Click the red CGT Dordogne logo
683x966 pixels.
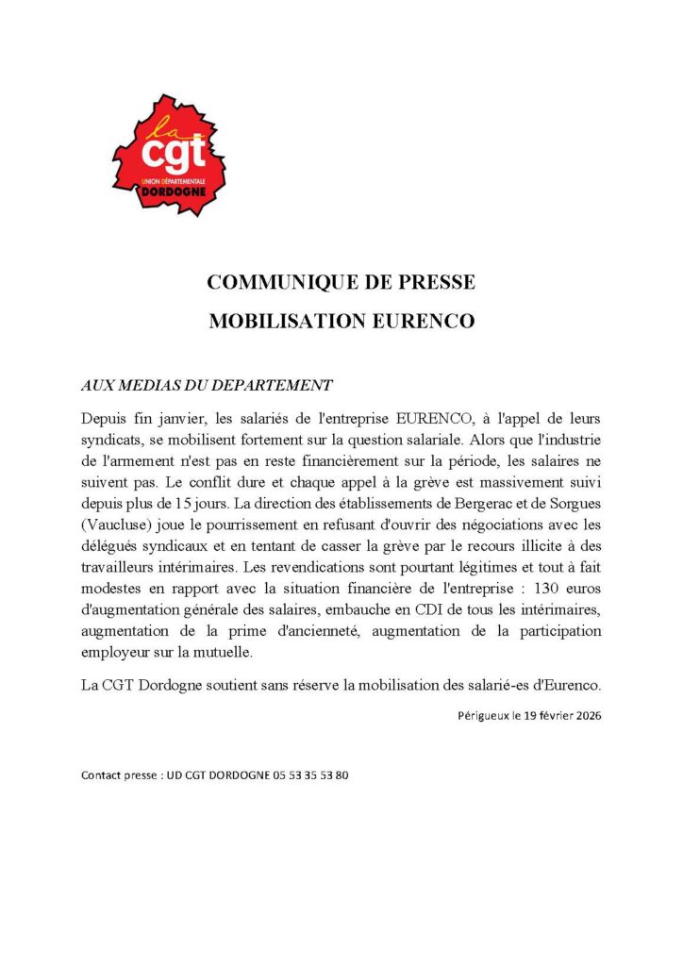coord(170,153)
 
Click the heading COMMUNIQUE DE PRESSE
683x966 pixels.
coord(341,282)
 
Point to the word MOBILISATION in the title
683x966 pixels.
coord(283,321)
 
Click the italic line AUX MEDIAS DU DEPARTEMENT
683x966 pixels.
coord(207,385)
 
